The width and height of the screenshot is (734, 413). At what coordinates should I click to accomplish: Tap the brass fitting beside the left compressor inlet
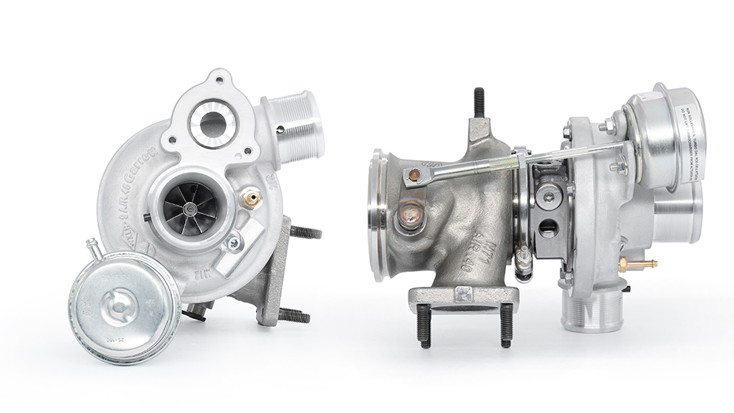coord(250,199)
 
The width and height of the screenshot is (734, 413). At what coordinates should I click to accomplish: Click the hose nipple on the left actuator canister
coord(91,248)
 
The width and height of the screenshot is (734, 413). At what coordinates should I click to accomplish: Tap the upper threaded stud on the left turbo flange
coord(305,232)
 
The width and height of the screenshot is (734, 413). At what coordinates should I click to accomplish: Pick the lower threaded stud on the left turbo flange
coord(294,315)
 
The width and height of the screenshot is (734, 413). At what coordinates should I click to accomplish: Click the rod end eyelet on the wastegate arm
coord(413,174)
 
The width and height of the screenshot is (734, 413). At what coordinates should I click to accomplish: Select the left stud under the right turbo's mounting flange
coord(424,326)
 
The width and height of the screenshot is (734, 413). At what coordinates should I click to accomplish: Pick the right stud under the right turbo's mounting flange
coord(507,326)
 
